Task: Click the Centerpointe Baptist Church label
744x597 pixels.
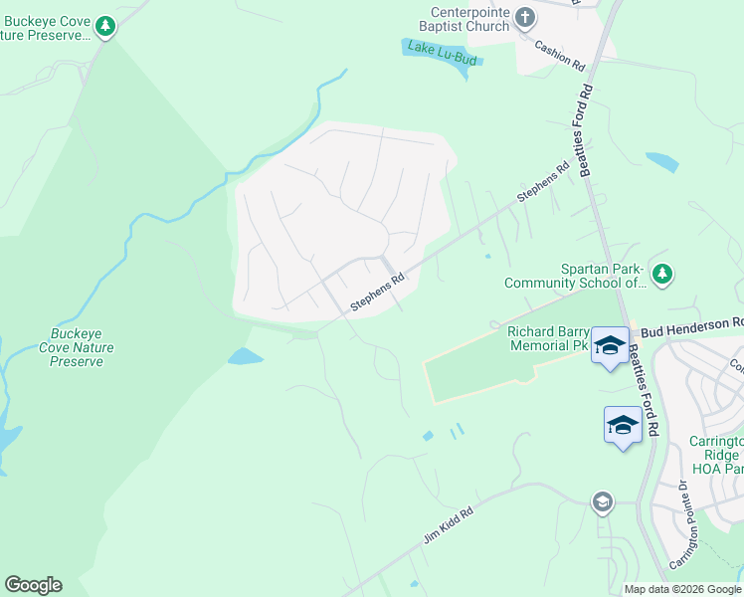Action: (x=464, y=19)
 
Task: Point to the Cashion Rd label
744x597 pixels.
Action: (x=560, y=52)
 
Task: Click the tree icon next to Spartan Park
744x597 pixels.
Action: (x=663, y=273)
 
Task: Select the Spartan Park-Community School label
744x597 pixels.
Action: (x=589, y=277)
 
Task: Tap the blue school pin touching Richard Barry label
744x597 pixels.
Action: (x=610, y=345)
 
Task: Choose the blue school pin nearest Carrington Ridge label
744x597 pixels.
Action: (x=623, y=425)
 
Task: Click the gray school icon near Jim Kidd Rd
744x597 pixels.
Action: (x=602, y=502)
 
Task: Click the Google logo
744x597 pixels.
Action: (x=33, y=585)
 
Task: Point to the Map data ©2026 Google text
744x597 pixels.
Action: (x=682, y=589)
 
